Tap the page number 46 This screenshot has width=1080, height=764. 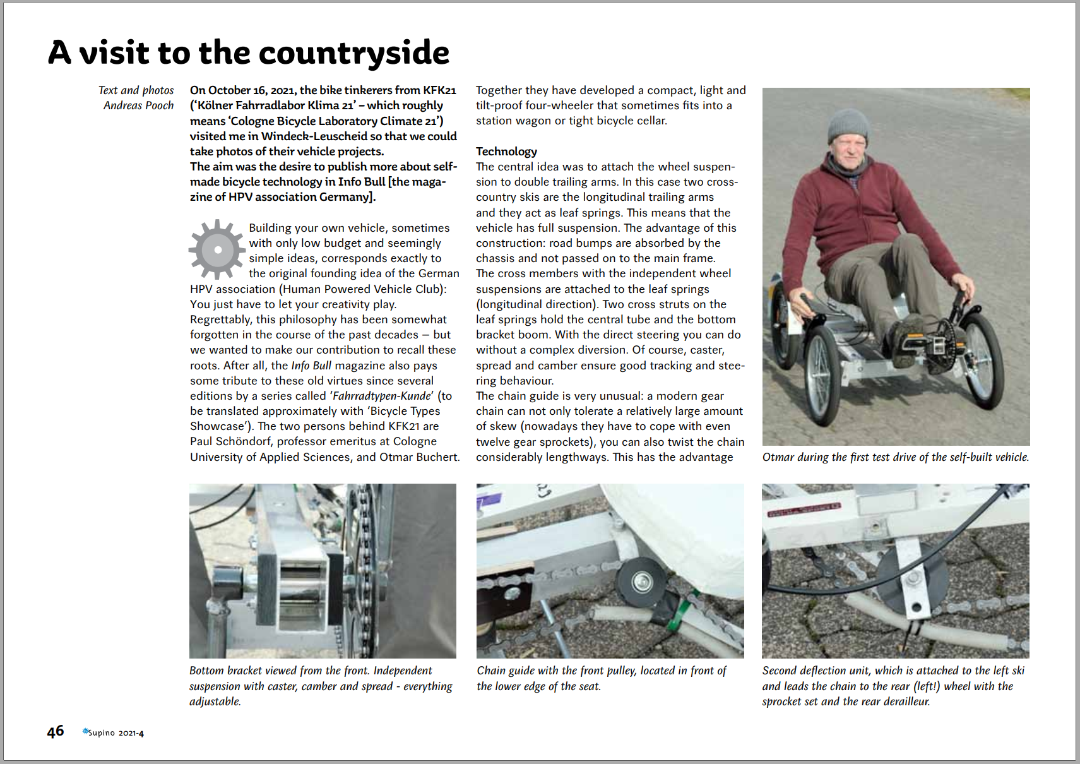(56, 731)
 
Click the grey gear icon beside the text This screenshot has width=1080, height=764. (217, 249)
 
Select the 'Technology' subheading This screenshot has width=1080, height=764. (506, 152)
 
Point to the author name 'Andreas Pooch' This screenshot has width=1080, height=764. (138, 105)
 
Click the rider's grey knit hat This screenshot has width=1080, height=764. (848, 124)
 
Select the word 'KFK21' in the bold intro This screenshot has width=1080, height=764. (439, 90)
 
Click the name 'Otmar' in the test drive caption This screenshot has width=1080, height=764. (778, 457)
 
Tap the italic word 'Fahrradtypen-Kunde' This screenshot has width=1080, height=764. (383, 396)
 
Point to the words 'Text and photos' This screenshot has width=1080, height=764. (136, 90)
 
